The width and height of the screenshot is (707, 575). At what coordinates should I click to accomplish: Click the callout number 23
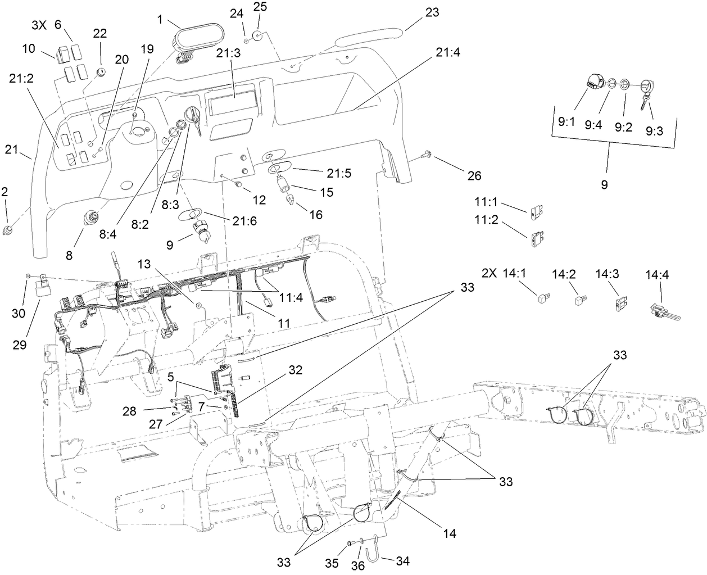pos(432,12)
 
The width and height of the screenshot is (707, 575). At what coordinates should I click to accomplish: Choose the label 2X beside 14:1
pos(490,273)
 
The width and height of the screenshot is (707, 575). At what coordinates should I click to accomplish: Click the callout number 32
pos(295,370)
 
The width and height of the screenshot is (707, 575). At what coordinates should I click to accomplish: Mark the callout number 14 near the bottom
pos(449,533)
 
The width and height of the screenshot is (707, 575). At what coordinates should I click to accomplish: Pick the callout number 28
pos(129,412)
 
